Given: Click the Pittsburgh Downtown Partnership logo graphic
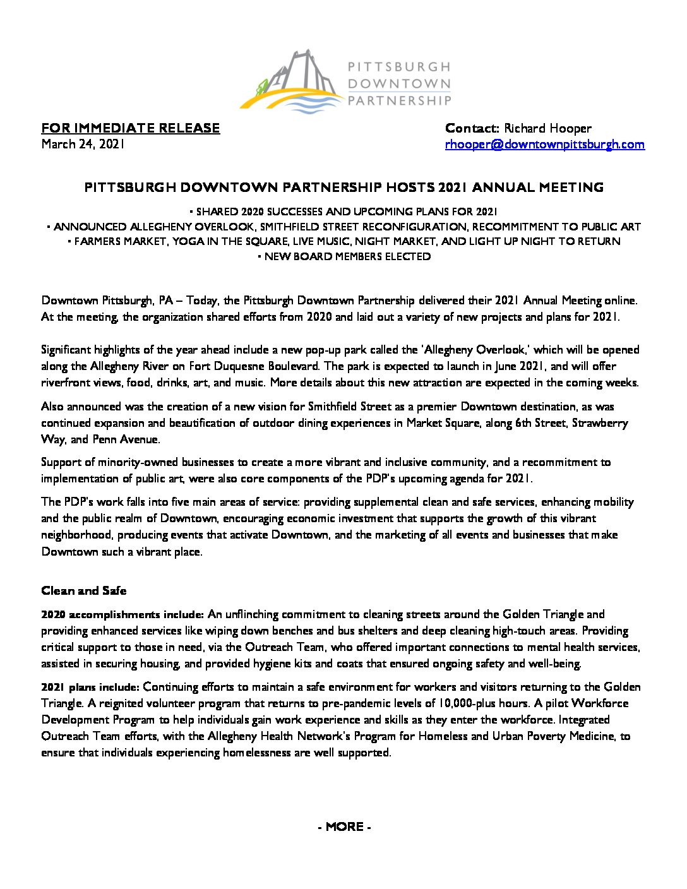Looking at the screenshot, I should click(292, 83).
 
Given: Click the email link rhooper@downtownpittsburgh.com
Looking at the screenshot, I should click(545, 145).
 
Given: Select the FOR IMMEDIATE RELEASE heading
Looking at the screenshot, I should click(131, 128).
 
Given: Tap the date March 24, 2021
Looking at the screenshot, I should click(82, 145).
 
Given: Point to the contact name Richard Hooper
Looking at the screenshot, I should click(547, 128).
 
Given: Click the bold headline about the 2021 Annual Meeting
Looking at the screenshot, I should click(344, 187).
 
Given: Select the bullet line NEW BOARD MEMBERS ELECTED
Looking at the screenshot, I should click(344, 256).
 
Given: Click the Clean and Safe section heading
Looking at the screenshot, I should click(83, 591).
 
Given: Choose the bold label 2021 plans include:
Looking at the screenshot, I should click(90, 687).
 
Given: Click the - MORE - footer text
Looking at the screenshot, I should click(344, 826).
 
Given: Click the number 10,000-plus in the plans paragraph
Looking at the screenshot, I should click(455, 703).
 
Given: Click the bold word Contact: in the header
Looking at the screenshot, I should click(472, 128).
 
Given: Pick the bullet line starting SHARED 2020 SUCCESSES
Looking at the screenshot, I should click(344, 212).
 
